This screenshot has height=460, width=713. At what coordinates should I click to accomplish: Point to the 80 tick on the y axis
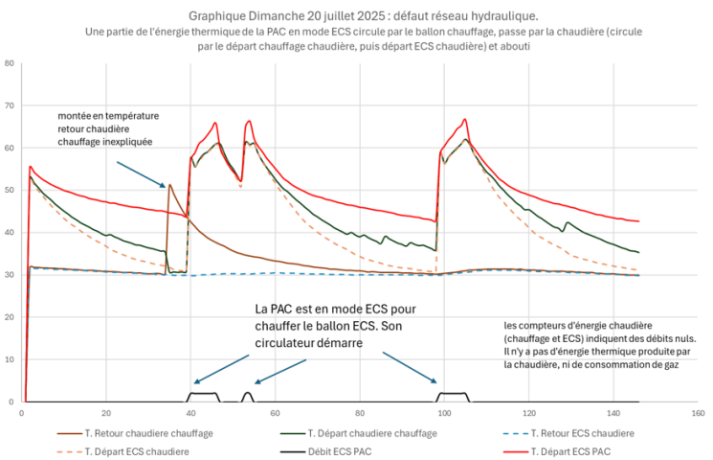point(10,64)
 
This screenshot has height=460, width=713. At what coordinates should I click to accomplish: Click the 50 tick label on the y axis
point(10,191)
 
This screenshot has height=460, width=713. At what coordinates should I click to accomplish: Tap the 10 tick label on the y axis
point(10,359)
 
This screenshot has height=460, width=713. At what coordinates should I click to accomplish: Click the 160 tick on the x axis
point(697,413)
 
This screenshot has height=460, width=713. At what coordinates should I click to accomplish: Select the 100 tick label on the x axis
point(443,413)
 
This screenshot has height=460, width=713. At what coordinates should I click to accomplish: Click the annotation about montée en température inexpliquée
point(108,128)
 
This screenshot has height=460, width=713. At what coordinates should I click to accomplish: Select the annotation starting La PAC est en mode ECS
point(335,326)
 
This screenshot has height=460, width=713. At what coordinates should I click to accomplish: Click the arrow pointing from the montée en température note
point(141,173)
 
